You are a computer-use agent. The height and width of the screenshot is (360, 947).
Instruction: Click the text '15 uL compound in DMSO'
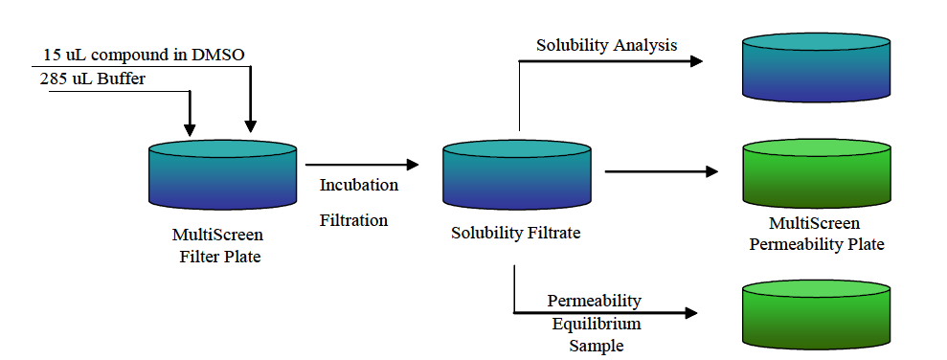coord(144,55)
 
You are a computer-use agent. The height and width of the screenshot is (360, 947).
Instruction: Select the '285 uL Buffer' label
coord(93,79)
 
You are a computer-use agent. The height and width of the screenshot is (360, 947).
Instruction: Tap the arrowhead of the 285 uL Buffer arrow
coord(190,129)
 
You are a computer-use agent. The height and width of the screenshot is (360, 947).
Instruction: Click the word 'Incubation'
coord(359,185)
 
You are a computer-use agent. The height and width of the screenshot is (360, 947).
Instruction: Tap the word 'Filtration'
coord(353,220)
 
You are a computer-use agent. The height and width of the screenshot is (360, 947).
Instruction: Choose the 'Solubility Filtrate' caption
coord(516,233)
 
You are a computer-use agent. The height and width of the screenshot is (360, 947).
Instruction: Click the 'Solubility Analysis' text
coord(606,45)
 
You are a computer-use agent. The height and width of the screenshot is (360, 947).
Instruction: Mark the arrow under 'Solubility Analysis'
coord(613,62)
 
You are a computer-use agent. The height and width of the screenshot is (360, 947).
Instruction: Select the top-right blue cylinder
coord(816,67)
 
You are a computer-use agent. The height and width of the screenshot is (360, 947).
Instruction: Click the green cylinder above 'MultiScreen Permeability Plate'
coord(816,172)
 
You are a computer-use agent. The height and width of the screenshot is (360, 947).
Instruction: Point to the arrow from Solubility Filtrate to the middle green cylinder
coord(661,172)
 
